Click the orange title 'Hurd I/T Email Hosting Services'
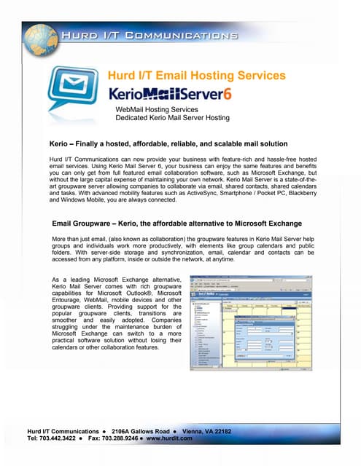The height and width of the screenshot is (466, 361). coord(197,75)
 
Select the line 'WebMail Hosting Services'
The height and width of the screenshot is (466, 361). coord(157,108)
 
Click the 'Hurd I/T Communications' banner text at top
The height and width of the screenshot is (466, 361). coord(149,34)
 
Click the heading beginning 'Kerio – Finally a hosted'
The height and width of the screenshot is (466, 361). coord(168,143)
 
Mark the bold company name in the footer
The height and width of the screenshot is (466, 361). coord(57,431)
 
